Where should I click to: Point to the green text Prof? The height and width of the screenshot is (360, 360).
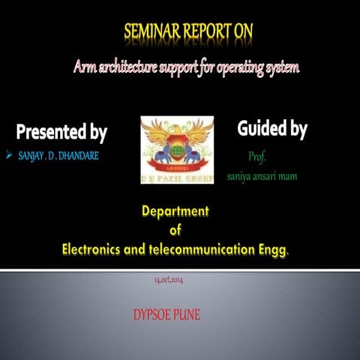[x=257, y=157]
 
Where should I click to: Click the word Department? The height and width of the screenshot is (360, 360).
[x=175, y=212]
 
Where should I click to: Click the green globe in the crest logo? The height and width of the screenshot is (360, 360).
[x=177, y=143]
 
